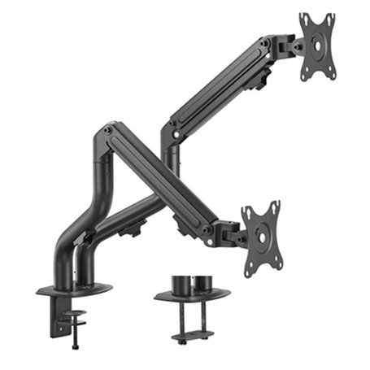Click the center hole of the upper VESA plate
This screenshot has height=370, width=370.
point(318,46)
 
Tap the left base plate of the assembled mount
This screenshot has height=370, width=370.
point(75,288)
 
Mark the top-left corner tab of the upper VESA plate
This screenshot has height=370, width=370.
point(303,19)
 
